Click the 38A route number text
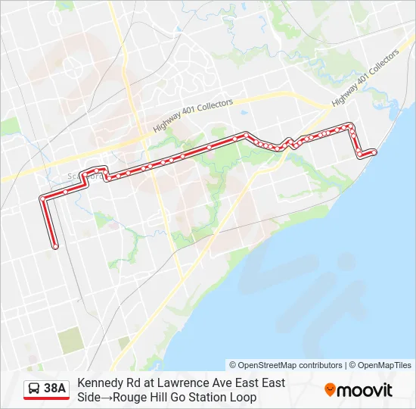click(x=54, y=389)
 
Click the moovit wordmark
click(x=365, y=390)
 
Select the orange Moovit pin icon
click(x=330, y=390)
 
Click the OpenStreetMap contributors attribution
click(x=285, y=365)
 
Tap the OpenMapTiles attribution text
click(x=385, y=365)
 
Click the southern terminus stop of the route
click(x=55, y=245)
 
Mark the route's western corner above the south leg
click(x=42, y=199)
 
